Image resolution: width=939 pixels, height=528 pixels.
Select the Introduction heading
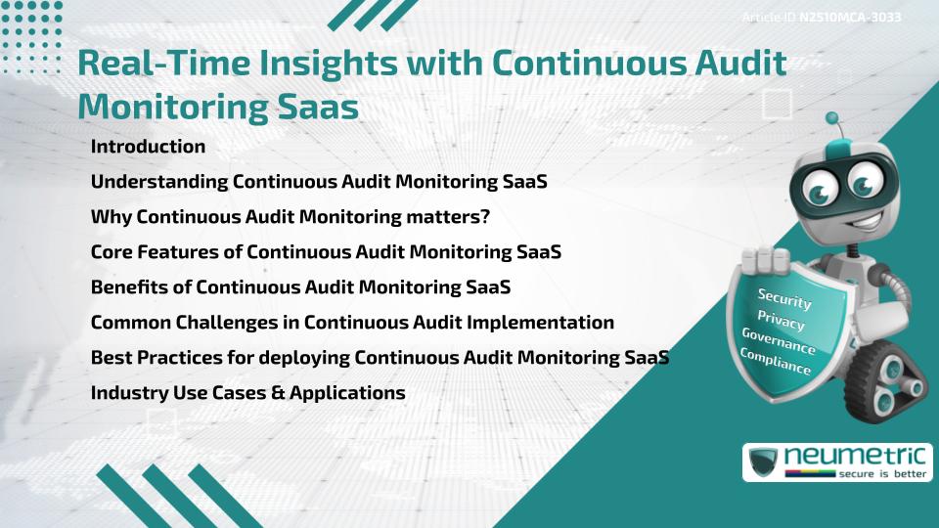[x=148, y=147]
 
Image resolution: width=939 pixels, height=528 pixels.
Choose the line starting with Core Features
[x=326, y=252]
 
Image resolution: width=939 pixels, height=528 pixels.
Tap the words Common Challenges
[x=175, y=323]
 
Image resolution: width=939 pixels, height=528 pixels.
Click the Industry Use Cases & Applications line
[x=247, y=393]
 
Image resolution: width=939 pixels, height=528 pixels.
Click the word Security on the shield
[x=783, y=300]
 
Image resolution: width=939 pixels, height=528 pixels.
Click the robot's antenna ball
[x=832, y=119]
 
